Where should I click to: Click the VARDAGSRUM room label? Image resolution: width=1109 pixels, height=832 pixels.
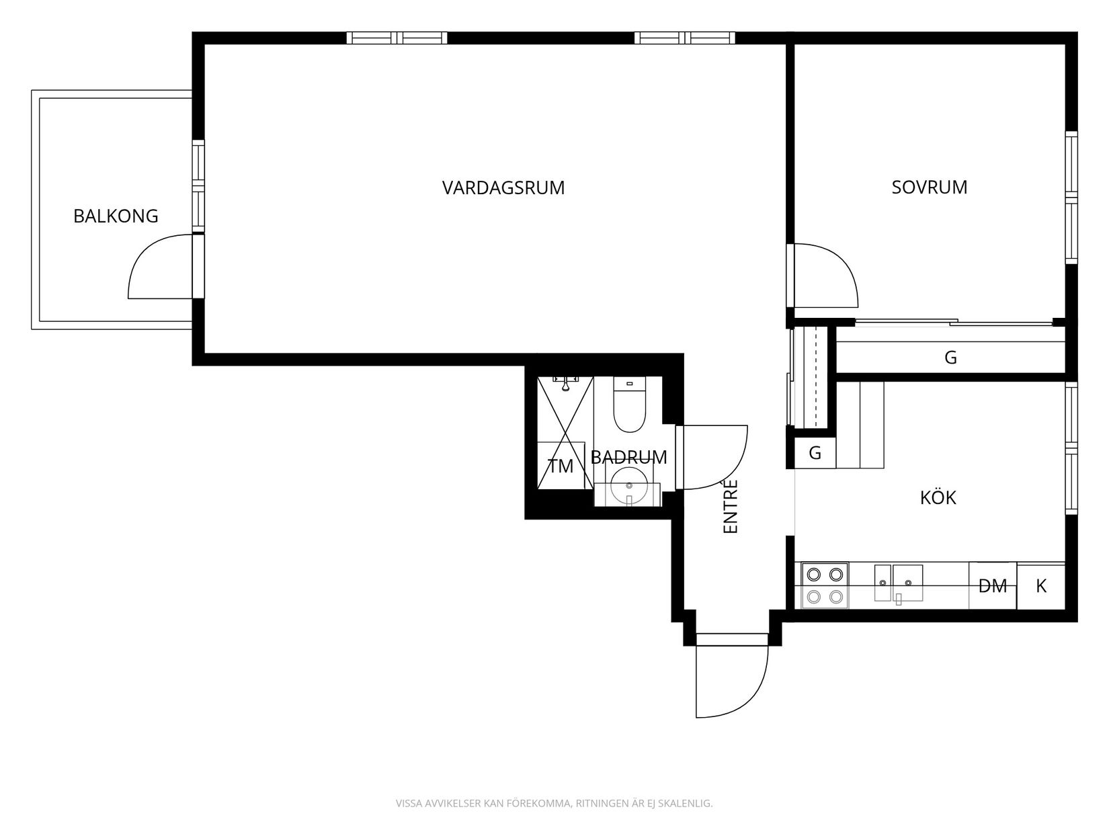(x=503, y=188)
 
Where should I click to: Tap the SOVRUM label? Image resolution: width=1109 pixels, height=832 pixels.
(x=929, y=188)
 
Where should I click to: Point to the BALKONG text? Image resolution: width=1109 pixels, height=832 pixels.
(x=116, y=216)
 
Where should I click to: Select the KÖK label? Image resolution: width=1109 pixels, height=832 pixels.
(x=938, y=497)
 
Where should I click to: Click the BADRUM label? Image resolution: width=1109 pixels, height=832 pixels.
(x=628, y=457)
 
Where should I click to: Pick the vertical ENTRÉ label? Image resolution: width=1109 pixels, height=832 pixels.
(x=731, y=506)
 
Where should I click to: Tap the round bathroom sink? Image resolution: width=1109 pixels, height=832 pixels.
(x=629, y=485)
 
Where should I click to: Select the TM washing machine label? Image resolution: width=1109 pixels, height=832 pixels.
(x=561, y=466)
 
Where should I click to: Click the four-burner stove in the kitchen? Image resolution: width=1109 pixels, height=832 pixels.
(x=825, y=585)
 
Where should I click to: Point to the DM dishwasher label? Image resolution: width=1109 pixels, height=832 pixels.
(x=992, y=586)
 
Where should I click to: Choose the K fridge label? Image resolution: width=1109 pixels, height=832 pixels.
(x=1041, y=586)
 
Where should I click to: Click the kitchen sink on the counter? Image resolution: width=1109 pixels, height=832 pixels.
(x=899, y=583)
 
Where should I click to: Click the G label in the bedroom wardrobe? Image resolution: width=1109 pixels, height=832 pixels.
(x=950, y=358)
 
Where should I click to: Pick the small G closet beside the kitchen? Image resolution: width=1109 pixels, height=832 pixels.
(x=815, y=453)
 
